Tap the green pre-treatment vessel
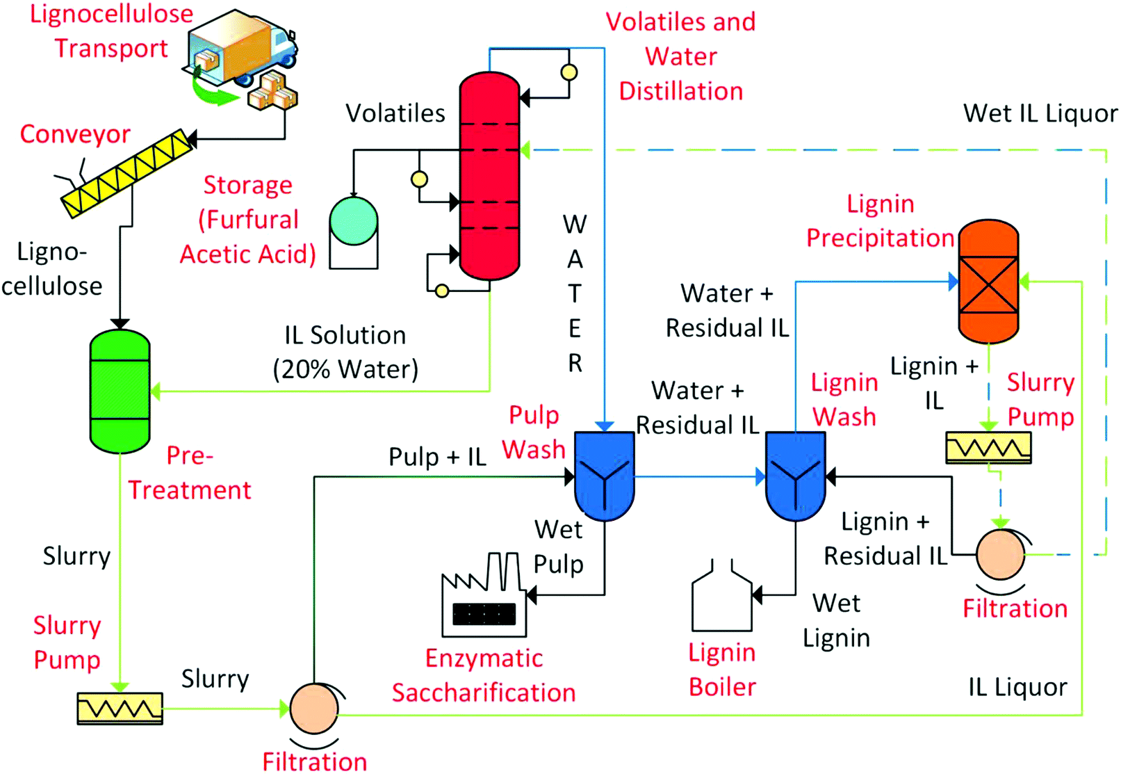[120, 391]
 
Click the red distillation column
[489, 175]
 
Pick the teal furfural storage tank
[354, 221]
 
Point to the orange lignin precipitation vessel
[988, 282]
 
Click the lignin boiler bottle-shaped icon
[722, 598]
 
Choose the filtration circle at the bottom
[314, 708]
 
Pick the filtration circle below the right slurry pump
[1000, 554]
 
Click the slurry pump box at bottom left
[120, 708]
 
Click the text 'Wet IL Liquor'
[1040, 113]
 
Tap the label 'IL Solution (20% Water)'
[345, 352]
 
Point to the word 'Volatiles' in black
[395, 113]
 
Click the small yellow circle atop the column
[569, 72]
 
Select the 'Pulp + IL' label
[437, 457]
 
